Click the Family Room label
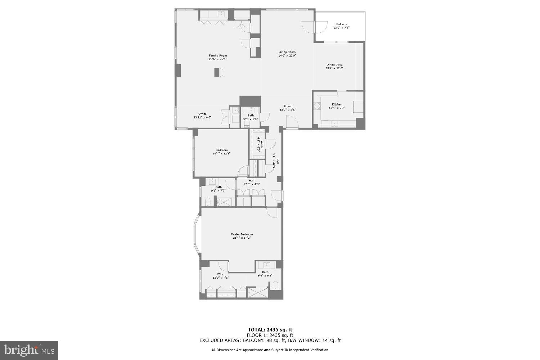(218, 55)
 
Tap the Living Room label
(287, 52)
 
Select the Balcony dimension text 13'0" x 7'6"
(342, 28)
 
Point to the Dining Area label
(334, 65)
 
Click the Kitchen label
(337, 104)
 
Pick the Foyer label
(288, 106)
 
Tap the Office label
(202, 114)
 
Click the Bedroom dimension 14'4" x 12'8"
(221, 153)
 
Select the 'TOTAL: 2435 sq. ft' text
(270, 329)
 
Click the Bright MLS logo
(29, 350)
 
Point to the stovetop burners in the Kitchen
(318, 106)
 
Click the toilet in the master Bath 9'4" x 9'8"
(276, 286)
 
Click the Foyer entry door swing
(292, 123)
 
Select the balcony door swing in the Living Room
(308, 26)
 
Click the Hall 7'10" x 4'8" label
(251, 181)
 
